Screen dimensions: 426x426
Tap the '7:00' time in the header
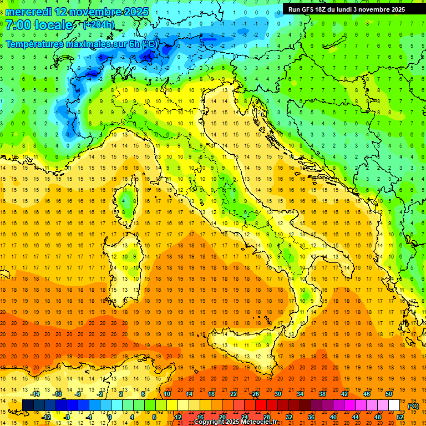click(x=18, y=25)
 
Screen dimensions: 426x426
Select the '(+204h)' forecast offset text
click(x=98, y=24)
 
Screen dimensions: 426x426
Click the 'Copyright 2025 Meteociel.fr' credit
click(x=240, y=422)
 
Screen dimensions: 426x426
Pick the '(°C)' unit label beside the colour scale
click(x=413, y=406)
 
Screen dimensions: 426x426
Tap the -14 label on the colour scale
click(x=35, y=394)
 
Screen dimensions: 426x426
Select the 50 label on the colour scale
click(x=388, y=394)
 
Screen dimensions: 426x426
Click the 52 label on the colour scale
click(x=400, y=417)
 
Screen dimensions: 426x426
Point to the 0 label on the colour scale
click(x=110, y=417)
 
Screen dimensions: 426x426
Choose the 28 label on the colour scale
click(x=266, y=417)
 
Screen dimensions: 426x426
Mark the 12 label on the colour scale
click(x=178, y=417)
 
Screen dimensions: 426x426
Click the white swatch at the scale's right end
click(x=394, y=405)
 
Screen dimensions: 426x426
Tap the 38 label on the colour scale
click(x=322, y=394)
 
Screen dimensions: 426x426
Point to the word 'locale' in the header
click(x=53, y=25)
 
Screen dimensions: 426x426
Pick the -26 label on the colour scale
click(x=255, y=394)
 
